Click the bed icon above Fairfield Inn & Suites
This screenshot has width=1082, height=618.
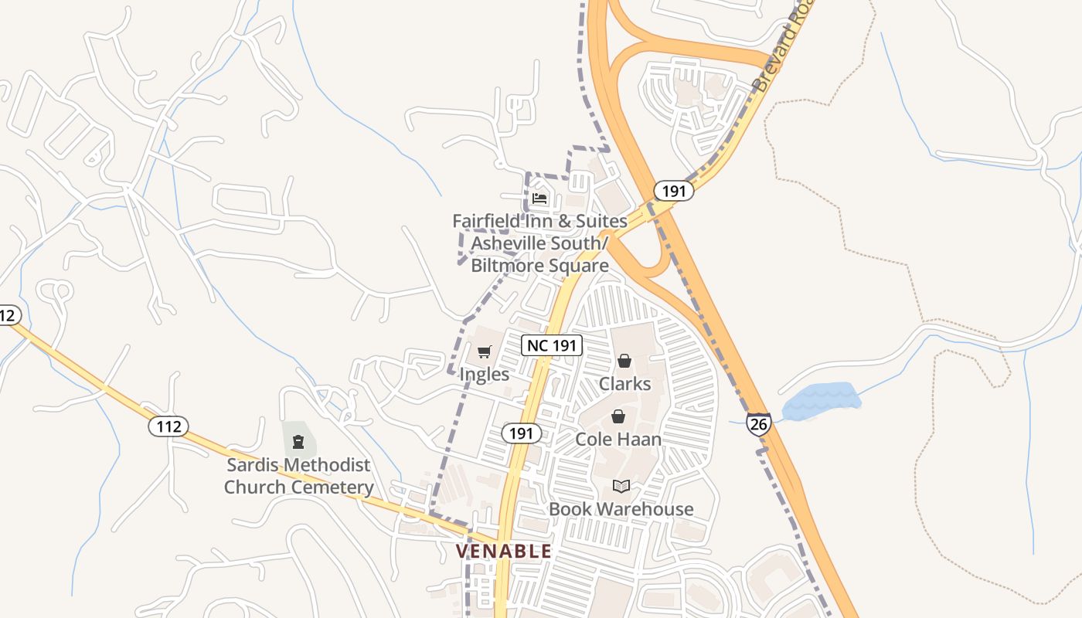(539, 199)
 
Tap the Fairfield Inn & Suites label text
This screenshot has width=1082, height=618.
(539, 243)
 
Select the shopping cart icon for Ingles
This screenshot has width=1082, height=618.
(485, 352)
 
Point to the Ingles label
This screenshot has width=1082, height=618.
(485, 375)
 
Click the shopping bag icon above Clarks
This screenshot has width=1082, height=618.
(624, 361)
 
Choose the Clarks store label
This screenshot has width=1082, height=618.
(624, 384)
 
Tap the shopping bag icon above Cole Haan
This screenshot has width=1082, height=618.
(618, 417)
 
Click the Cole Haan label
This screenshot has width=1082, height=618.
(618, 440)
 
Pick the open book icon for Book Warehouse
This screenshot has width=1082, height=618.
(621, 486)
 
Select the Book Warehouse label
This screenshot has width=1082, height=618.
(621, 509)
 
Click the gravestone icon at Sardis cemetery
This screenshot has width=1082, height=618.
(298, 442)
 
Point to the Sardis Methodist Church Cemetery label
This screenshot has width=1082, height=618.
(299, 476)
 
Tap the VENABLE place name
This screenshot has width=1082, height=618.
(504, 551)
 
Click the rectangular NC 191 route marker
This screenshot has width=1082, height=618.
(552, 345)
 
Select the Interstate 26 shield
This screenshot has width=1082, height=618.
(758, 423)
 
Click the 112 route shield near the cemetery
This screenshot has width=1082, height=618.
(168, 426)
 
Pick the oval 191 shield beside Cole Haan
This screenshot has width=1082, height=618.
(522, 433)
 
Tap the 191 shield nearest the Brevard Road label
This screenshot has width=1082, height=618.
(674, 191)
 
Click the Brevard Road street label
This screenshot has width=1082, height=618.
(782, 48)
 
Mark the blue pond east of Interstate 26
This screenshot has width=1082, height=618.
(821, 401)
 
